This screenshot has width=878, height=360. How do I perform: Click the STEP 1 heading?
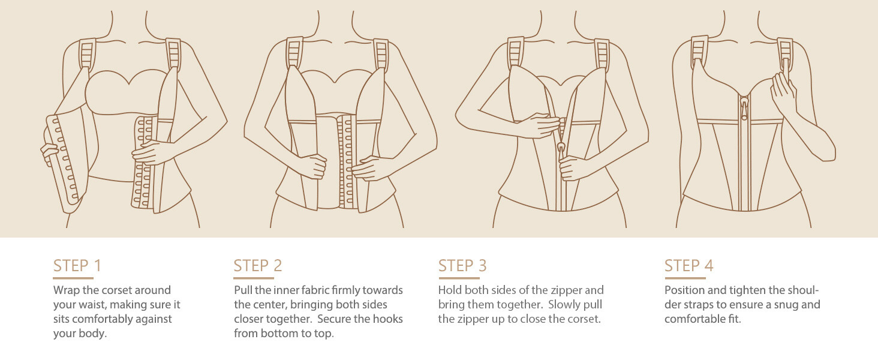pos(77,265)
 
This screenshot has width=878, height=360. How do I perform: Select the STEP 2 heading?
pos(258,265)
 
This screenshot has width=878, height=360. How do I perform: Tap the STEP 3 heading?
pos(462,265)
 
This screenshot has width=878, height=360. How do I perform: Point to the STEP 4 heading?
pos(688,265)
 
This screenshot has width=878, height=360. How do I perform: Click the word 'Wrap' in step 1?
pos(67,290)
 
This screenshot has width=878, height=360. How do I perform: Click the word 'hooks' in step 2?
pos(388,319)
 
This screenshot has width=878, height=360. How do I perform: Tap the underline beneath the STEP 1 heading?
pos(73,278)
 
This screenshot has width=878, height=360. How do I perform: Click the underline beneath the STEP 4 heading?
pos(685,278)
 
